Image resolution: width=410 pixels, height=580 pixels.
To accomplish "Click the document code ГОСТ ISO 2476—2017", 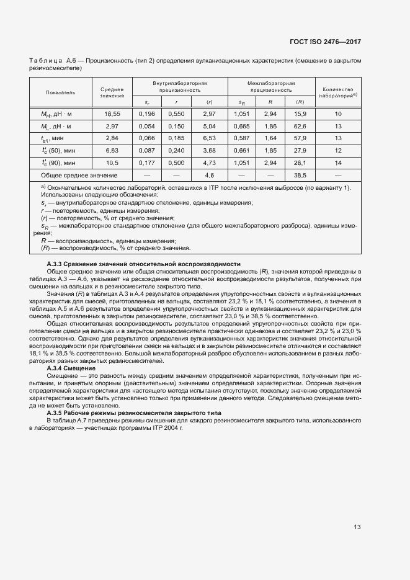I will (x=325, y=42).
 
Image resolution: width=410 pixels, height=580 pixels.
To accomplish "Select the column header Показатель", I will (x=60, y=92).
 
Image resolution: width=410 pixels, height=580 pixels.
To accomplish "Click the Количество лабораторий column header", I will (x=337, y=92).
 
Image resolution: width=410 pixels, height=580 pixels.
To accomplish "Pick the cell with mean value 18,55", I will (x=112, y=114).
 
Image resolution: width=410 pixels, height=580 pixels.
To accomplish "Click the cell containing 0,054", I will (x=147, y=126).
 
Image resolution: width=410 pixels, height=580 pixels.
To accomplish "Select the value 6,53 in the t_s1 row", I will (x=209, y=138).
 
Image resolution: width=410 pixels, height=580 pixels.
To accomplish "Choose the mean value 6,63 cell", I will (x=112, y=150).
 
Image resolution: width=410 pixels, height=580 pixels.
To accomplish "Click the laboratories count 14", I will (x=337, y=163).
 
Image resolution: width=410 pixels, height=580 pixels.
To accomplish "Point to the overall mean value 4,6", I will (x=209, y=175).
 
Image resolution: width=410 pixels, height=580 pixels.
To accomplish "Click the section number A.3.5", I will (x=56, y=413).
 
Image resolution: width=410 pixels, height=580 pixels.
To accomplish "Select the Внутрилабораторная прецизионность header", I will (x=179, y=86).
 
